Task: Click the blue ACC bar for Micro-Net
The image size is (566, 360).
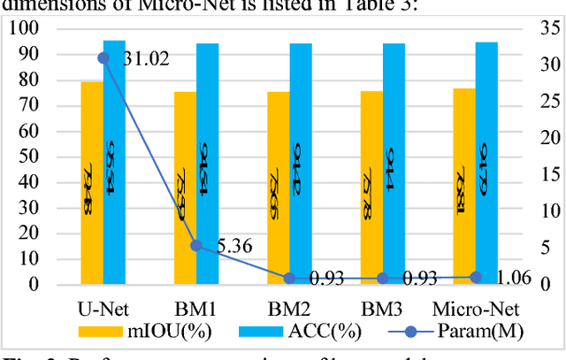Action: [x=486, y=163]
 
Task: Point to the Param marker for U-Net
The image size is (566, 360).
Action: [x=103, y=57]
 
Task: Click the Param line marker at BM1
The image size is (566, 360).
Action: [x=196, y=245]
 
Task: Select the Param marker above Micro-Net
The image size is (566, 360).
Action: [x=475, y=277]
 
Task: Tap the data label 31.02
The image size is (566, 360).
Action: [x=146, y=59]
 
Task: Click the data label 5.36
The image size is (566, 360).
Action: [x=234, y=246]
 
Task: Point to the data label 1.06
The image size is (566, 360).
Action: [x=513, y=278]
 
